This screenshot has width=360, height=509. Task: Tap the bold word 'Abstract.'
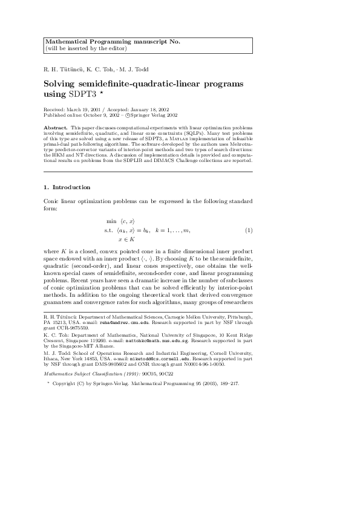click(x=56, y=129)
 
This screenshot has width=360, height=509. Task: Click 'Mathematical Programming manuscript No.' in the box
click(x=113, y=41)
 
